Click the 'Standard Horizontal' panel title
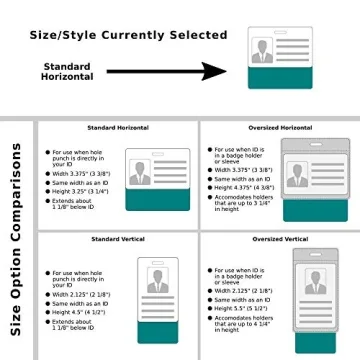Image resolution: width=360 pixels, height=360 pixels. click(x=118, y=128)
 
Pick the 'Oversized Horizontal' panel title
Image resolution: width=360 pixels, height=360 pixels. click(x=282, y=128)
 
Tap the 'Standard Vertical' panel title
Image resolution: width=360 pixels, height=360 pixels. click(x=118, y=240)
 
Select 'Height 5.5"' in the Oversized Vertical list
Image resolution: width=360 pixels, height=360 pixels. click(x=241, y=309)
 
